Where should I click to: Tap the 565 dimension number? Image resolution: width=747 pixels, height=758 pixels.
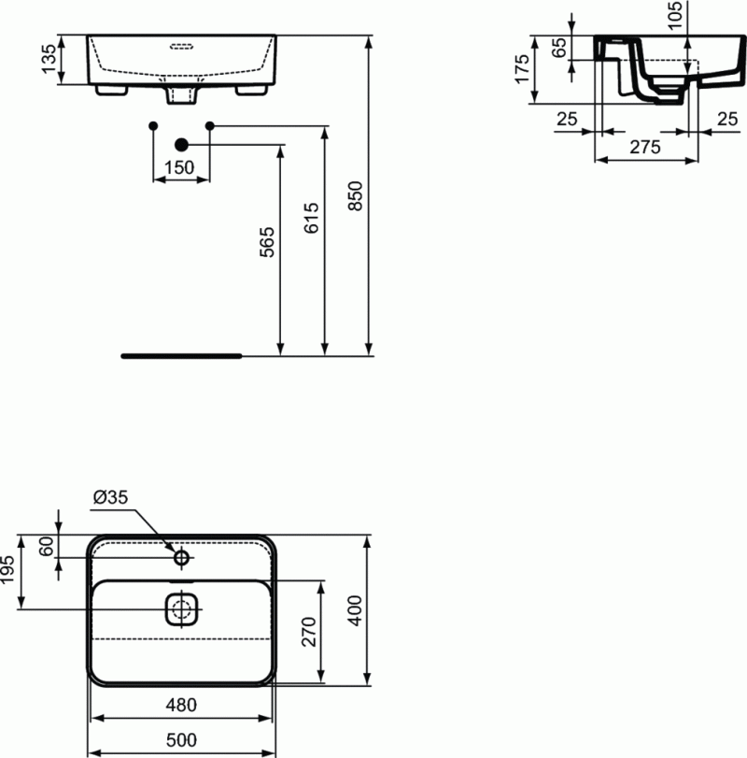267,242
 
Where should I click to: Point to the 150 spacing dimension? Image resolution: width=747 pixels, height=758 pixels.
179,167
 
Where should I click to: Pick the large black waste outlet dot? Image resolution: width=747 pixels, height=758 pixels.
182,144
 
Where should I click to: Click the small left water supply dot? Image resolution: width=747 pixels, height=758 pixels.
153,124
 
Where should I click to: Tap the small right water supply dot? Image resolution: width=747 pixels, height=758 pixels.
210,124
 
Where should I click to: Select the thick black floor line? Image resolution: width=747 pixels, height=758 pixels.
182,356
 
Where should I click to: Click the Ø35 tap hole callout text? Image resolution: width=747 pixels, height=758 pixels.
108,498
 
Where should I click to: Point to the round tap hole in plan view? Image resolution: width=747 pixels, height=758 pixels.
182,559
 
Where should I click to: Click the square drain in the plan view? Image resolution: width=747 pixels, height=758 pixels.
182,610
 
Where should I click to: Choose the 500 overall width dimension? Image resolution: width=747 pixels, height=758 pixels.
182,739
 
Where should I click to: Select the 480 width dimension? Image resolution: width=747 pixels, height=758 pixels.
182,706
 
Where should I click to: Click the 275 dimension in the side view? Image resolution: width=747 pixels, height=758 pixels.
645,147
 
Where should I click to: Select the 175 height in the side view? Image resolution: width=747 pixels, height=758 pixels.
524,69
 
